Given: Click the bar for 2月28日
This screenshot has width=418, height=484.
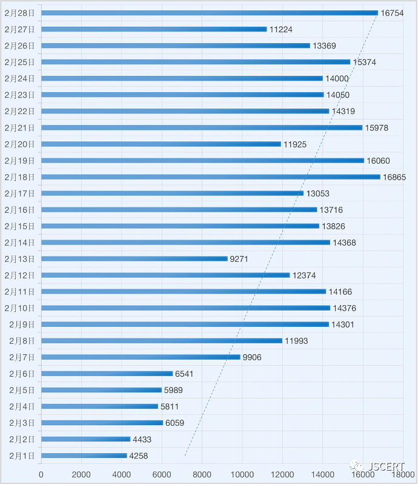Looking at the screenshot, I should pos(209,13).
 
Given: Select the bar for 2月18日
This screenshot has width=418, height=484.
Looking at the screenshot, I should pos(211,177).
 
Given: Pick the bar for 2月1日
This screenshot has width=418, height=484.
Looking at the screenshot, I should pos(84,455).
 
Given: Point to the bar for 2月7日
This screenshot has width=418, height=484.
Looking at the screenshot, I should pos(141,357).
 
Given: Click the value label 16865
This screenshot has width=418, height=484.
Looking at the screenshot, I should pos(394,177).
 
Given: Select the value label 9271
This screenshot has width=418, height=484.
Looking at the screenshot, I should pos(239,259).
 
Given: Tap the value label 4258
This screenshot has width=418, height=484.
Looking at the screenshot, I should pos(139,455).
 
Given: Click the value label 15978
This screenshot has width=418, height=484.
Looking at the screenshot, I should pos(376,128).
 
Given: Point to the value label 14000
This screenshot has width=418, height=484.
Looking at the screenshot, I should pos(337,79).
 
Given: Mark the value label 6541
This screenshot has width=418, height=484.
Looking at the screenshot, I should pos(184,374).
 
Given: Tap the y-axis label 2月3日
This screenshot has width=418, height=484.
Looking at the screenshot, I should pos(22,423).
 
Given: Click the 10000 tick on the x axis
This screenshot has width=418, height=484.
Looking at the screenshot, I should pos(242,474).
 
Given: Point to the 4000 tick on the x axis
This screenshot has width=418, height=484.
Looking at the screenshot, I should pos(121,474).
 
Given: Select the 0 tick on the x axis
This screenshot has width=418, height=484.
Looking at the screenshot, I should pos(41,474).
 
